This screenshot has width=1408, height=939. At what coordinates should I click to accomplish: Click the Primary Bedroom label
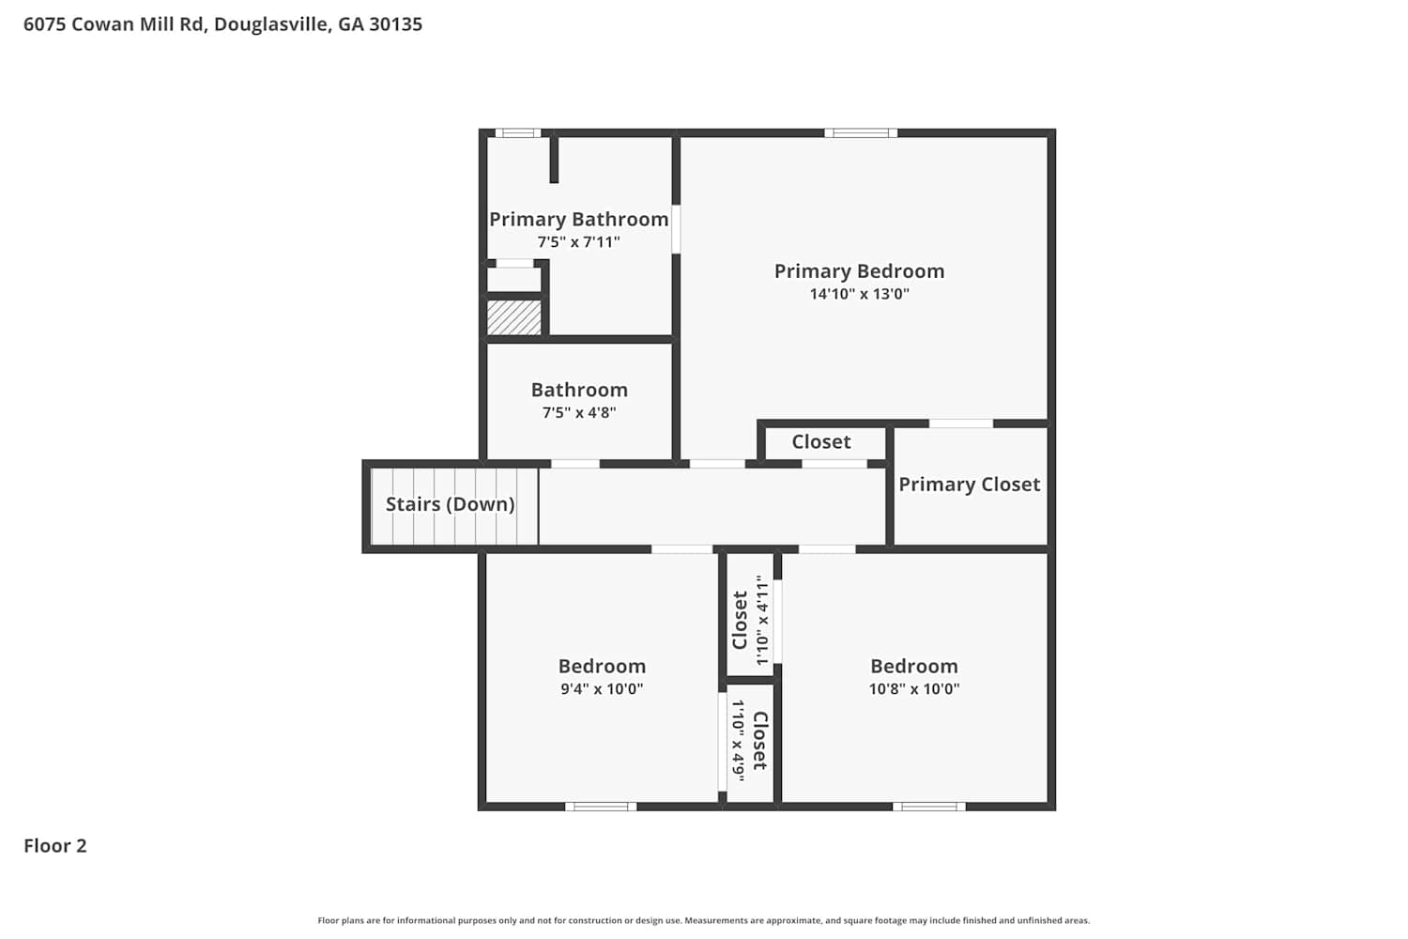coord(859,271)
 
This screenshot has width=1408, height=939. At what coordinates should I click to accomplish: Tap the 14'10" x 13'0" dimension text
coord(859,294)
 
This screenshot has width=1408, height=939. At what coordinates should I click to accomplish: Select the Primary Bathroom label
coord(578,220)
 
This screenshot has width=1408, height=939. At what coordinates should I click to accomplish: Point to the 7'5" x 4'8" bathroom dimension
coord(579,412)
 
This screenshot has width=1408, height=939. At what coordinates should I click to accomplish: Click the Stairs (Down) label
coord(450,504)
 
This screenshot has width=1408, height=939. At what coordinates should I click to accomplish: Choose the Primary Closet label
coord(970,485)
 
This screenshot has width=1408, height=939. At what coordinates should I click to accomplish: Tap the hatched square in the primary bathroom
coord(514,317)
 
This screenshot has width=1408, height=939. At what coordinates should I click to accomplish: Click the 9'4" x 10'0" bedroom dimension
coord(602,688)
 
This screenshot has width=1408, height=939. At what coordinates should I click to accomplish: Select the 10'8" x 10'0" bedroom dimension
coord(914,688)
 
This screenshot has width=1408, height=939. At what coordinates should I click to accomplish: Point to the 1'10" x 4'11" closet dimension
coord(762,620)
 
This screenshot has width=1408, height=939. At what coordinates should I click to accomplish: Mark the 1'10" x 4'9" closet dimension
coord(738,740)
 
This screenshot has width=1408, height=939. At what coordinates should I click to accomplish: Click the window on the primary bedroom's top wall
coord(861,132)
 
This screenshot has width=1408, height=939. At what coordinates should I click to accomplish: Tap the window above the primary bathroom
coord(518,132)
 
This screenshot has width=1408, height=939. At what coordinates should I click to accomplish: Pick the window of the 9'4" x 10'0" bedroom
coord(601,807)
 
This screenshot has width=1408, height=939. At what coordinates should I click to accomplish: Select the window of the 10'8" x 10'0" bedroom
coord(929,807)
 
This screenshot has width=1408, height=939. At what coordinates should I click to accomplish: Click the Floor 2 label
coord(55,846)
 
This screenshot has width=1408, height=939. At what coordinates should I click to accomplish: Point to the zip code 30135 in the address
coord(395,23)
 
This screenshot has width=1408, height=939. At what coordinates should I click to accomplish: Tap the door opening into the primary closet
coord(961,423)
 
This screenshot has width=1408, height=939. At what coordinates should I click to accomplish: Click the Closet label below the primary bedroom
coord(821,441)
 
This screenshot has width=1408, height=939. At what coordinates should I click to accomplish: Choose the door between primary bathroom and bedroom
coord(677,229)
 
